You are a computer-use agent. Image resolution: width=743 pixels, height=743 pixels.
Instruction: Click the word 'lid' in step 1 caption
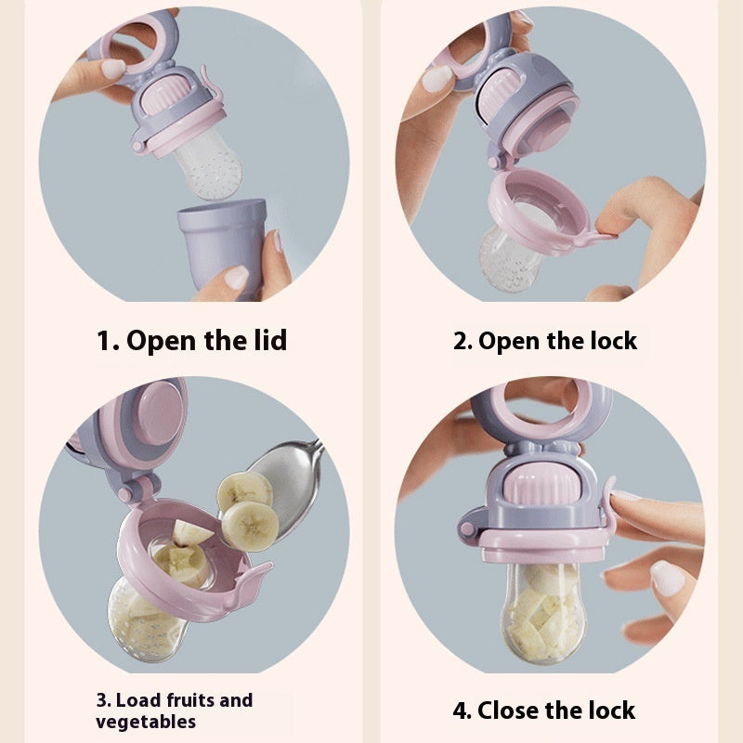(267, 340)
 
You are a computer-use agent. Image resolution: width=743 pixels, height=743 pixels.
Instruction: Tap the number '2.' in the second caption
(463, 341)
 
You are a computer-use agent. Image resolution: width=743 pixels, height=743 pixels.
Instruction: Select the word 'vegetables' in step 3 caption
(146, 722)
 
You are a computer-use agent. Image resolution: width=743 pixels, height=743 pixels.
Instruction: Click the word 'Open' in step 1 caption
(162, 340)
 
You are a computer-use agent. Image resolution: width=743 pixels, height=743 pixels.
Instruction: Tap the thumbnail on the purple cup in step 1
(238, 276)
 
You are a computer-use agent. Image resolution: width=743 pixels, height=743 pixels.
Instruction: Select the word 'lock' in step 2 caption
(611, 341)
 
